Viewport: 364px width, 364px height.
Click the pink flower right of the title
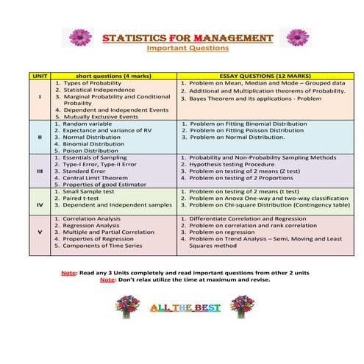298,37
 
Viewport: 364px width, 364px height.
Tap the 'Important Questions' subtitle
188,49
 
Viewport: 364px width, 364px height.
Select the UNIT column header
39,76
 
